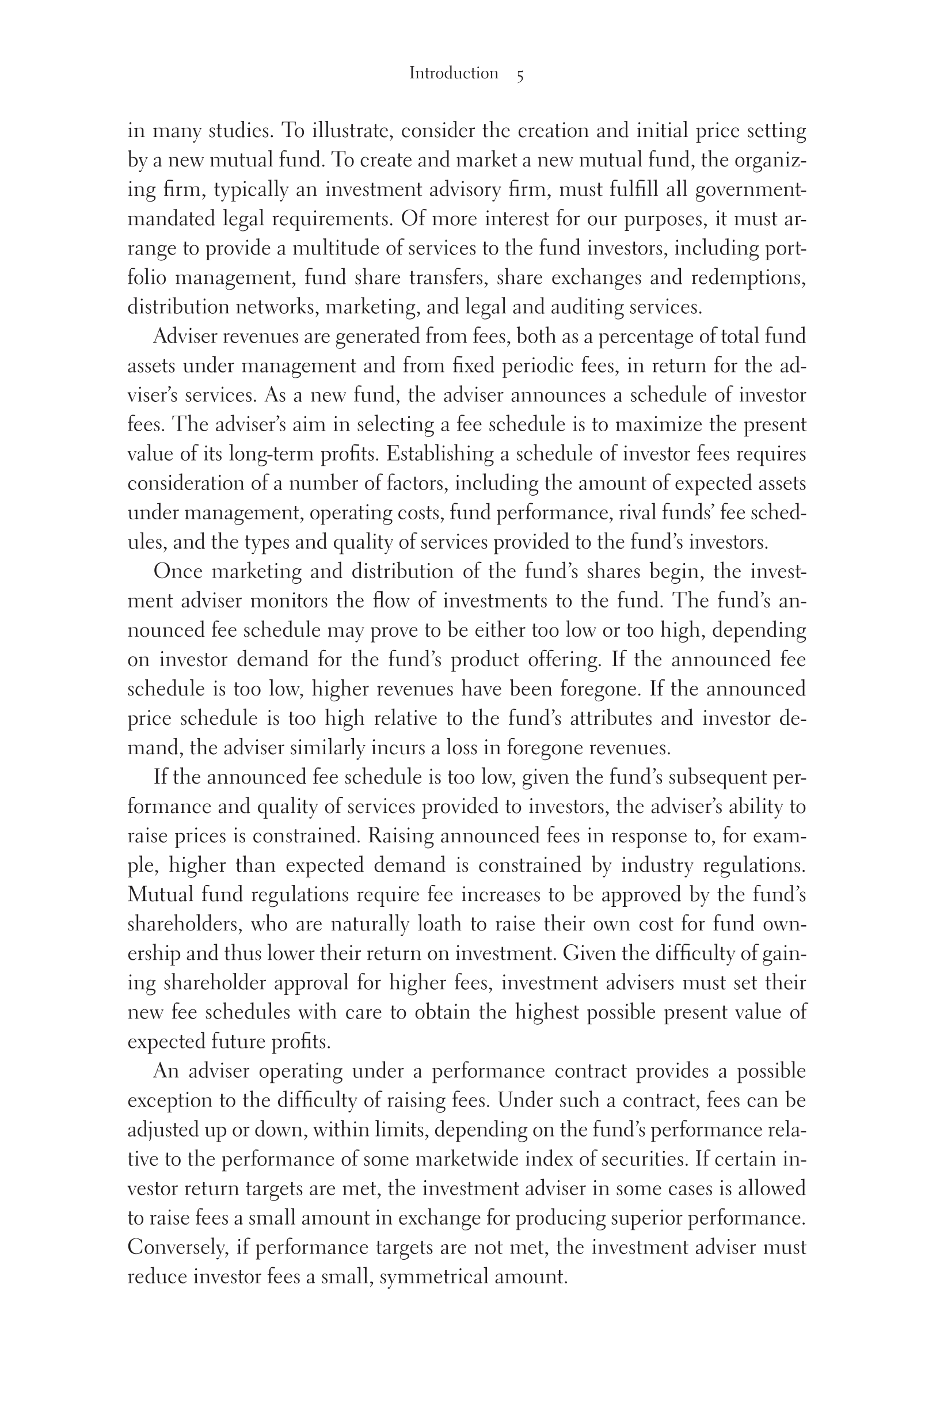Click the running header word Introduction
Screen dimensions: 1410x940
(x=453, y=74)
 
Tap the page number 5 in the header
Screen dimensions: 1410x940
(x=520, y=75)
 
